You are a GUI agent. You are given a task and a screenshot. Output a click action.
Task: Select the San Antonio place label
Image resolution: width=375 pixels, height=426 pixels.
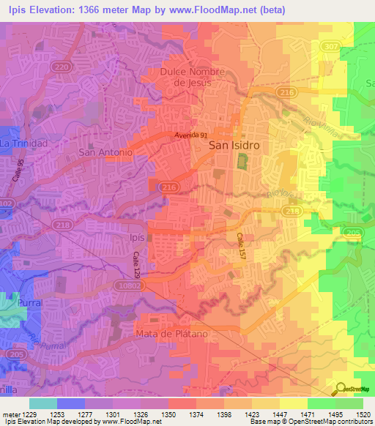click(105, 152)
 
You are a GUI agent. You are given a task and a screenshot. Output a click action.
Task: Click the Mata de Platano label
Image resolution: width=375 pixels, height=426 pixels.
click(172, 334)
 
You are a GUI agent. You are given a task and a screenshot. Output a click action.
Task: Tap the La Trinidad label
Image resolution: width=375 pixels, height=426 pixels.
click(23, 143)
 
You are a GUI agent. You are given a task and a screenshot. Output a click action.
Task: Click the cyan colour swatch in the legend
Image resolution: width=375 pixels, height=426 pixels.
click(42, 403)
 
